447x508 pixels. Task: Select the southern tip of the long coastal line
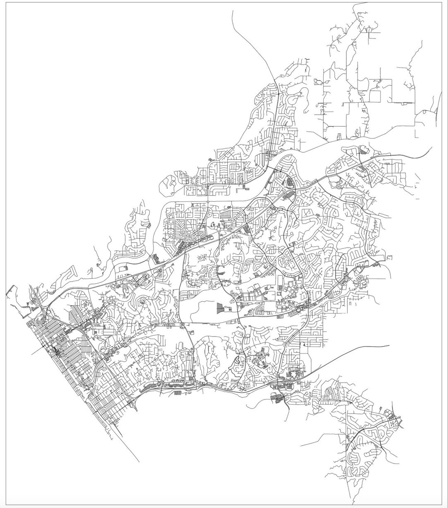[x=139, y=462]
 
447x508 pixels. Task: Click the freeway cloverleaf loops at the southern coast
[x=133, y=405]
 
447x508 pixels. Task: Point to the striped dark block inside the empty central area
[x=219, y=307]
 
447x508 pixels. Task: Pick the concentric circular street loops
[x=286, y=262]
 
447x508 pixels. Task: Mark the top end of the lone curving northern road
[x=233, y=11]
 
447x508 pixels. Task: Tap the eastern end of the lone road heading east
[x=389, y=345]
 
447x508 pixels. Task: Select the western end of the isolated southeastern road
[x=301, y=445]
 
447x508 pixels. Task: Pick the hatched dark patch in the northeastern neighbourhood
[x=363, y=152]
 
